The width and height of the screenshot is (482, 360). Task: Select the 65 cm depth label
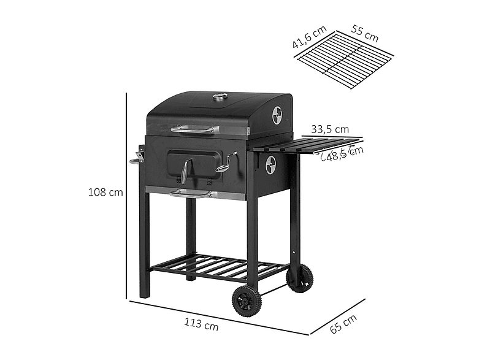click(x=343, y=323)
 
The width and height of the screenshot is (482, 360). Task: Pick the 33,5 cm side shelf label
click(x=330, y=129)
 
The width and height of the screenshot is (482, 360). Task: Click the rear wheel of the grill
click(x=299, y=278)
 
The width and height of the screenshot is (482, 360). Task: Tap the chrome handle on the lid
click(x=194, y=129)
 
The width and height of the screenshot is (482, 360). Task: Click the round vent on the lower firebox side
click(x=270, y=164)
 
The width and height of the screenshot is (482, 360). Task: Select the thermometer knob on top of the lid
click(x=220, y=96)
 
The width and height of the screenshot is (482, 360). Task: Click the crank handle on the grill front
click(x=226, y=161)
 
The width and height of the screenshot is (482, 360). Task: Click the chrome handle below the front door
click(x=191, y=194)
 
